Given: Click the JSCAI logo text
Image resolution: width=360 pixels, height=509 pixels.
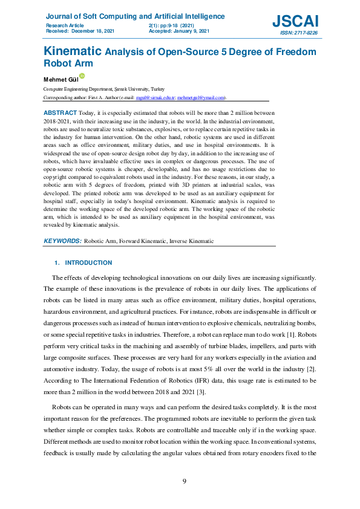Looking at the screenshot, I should [x=295, y=21].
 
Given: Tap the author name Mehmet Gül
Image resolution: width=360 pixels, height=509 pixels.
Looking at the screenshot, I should [x=60, y=79].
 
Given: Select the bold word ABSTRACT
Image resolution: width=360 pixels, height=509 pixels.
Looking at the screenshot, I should [x=61, y=113].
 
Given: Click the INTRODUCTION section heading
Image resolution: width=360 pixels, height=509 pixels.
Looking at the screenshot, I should [x=88, y=263].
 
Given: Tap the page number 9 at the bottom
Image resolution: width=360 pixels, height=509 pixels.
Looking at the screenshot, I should [x=185, y=481].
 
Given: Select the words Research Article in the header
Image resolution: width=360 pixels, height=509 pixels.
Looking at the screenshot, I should [x=64, y=25].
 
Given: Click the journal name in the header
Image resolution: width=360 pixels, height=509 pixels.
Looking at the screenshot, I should [x=135, y=16].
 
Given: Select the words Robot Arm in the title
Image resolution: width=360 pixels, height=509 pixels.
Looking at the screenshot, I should [x=66, y=62].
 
